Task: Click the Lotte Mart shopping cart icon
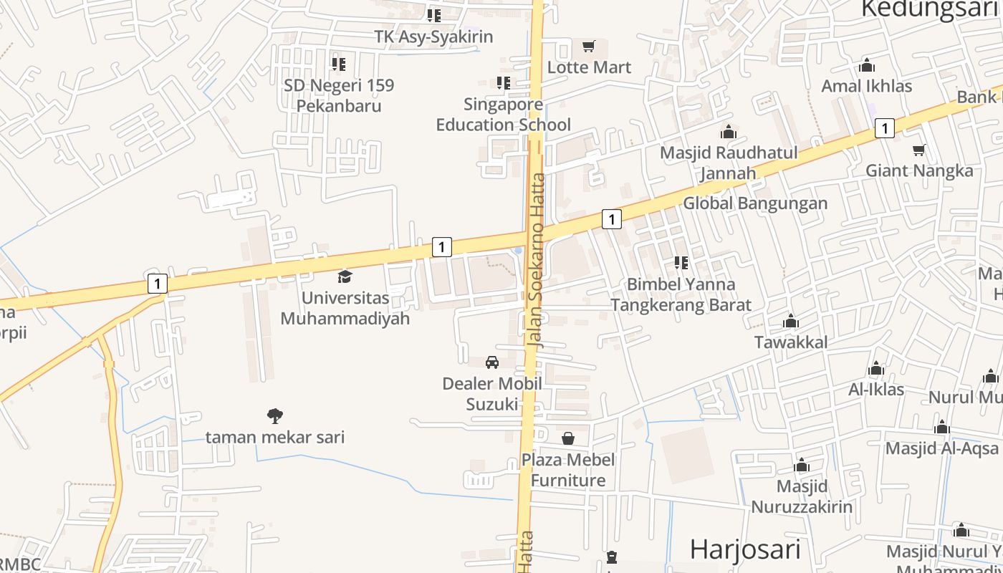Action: pos(589,47)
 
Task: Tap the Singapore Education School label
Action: pos(504,115)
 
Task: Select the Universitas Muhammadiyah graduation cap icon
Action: pos(345,276)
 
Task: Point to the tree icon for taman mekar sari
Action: pos(274,415)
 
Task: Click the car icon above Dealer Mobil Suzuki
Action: pos(492,362)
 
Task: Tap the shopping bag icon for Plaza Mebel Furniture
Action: pos(568,438)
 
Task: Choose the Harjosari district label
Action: pos(745,549)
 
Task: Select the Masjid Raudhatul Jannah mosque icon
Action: pos(729,132)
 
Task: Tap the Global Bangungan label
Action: pos(755,203)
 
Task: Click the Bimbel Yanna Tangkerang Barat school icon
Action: pos(681,263)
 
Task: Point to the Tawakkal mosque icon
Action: pos(791,322)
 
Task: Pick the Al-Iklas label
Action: pos(876,390)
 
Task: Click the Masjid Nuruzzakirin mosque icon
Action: pos(802,466)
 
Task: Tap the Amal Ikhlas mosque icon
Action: pos(867,66)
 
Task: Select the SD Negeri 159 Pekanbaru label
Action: pos(339,95)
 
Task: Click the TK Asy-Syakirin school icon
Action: pos(434,15)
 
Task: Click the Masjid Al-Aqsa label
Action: pos(941,448)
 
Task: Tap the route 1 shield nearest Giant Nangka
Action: pos(885,128)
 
